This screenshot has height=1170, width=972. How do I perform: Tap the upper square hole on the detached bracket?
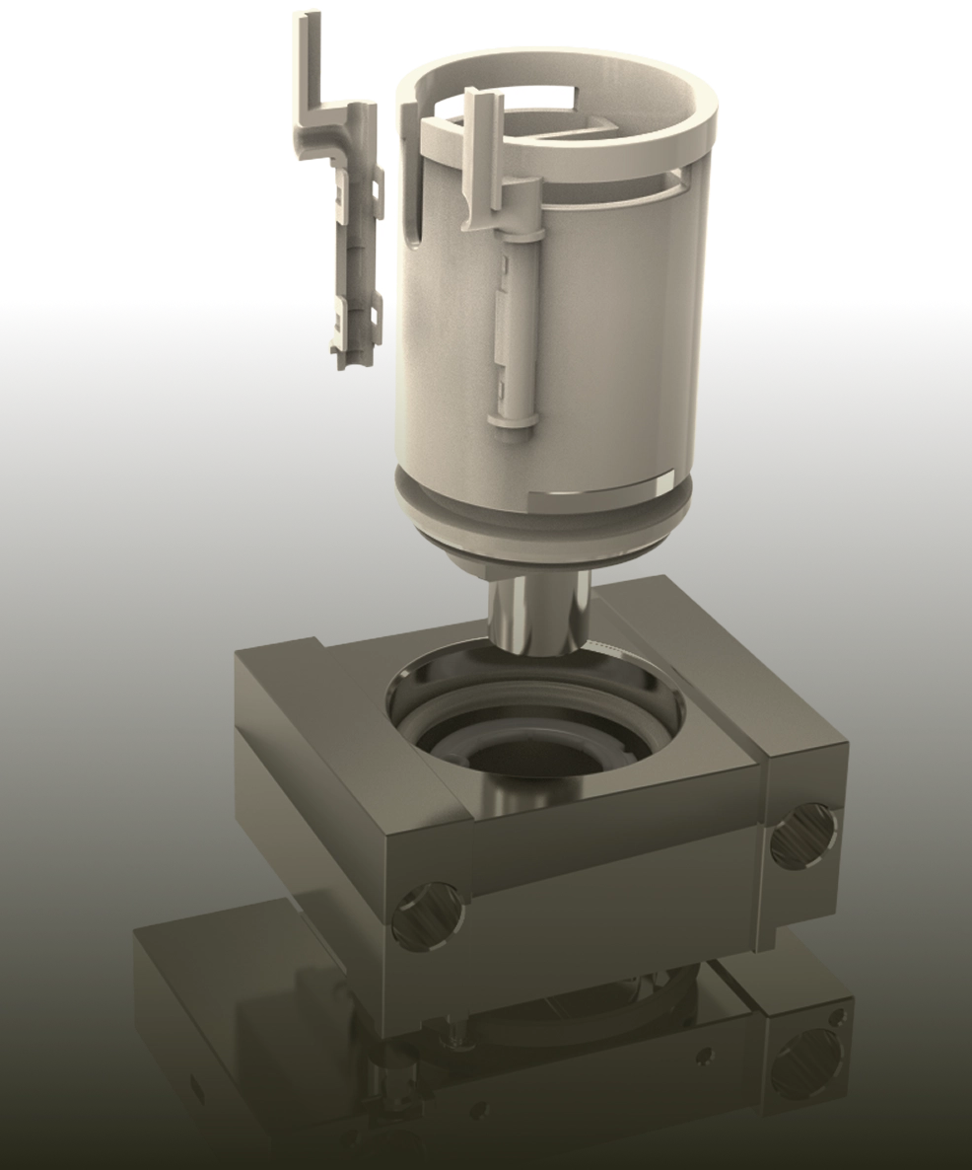[376, 184]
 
